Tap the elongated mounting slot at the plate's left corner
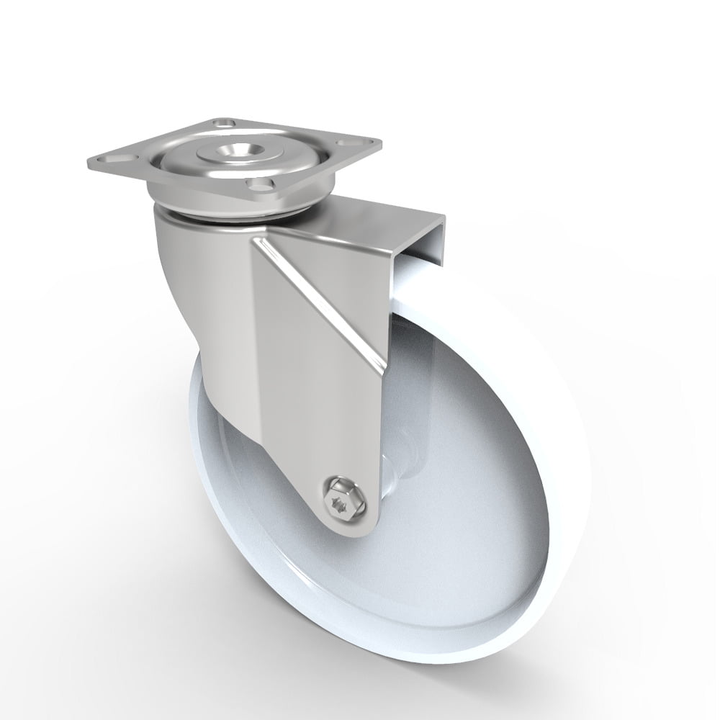point(115,156)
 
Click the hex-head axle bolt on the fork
point(343,498)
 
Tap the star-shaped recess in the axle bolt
point(343,498)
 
